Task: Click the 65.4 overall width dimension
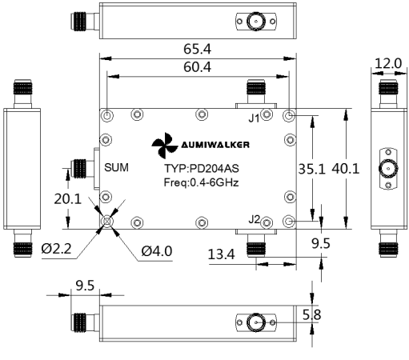[x=197, y=49]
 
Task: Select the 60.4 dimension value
[x=197, y=67]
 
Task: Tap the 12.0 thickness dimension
[x=388, y=64]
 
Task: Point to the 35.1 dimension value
[x=312, y=169]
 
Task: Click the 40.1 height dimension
[x=346, y=169]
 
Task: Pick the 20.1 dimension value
[x=67, y=199]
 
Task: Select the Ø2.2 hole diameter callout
[x=56, y=249]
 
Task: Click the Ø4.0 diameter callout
[x=157, y=251]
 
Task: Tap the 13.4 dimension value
[x=221, y=254]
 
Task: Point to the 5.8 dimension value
[x=311, y=314]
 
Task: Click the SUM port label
[x=116, y=167]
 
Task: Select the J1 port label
[x=254, y=118]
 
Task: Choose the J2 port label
[x=254, y=219]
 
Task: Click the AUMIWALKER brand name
[x=215, y=145]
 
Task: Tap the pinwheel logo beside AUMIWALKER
[x=165, y=146]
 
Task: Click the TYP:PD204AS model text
[x=202, y=169]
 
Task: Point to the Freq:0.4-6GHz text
[x=201, y=182]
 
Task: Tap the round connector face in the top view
[x=256, y=22]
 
